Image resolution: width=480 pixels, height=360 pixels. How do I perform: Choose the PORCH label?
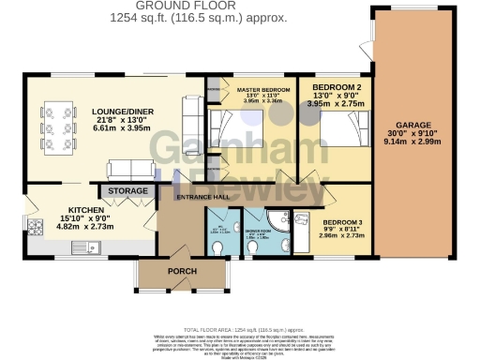click(183, 271)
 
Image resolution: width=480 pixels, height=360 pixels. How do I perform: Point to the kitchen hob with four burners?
click(37, 226)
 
